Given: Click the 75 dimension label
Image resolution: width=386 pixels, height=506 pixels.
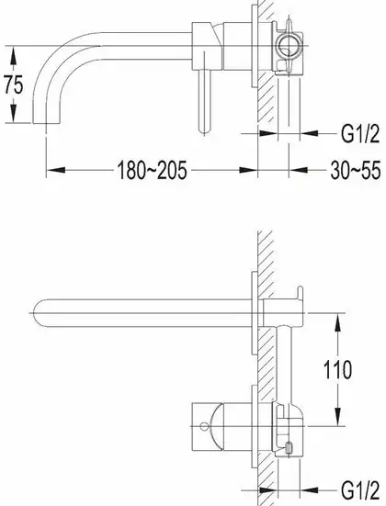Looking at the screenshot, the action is (x=14, y=84).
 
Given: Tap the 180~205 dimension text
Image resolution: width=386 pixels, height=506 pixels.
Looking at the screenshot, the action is (x=152, y=171).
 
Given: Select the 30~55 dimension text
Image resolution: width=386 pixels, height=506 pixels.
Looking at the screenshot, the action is (x=356, y=171).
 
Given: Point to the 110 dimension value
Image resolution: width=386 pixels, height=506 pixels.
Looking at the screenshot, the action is (x=337, y=370).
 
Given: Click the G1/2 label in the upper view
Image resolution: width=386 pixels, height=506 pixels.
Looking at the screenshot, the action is (x=360, y=133).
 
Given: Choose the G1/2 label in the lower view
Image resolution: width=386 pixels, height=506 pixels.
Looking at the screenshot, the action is (x=360, y=490).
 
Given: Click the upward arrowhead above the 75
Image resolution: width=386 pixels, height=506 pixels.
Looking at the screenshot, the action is (x=13, y=55).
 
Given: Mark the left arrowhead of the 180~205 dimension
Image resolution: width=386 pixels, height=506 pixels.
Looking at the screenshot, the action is (x=56, y=170).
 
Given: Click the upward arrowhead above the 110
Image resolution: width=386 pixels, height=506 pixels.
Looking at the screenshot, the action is (x=338, y=322).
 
